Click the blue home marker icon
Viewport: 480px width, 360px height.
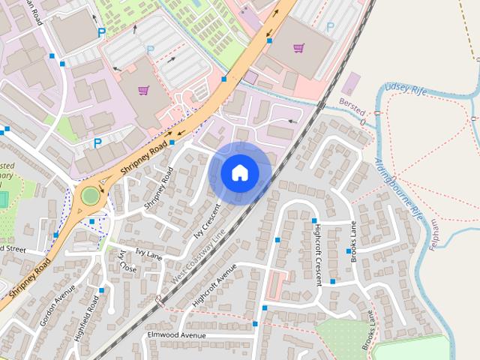point(239,172)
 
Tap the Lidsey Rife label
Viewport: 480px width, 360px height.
point(405,89)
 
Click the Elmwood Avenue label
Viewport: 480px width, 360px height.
point(177,334)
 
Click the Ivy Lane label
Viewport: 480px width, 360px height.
point(148,255)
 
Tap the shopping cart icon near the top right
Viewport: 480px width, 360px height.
point(299,48)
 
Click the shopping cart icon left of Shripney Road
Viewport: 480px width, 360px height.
point(143,91)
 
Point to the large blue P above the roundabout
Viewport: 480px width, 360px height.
point(97,142)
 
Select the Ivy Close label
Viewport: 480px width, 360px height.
point(126,261)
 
